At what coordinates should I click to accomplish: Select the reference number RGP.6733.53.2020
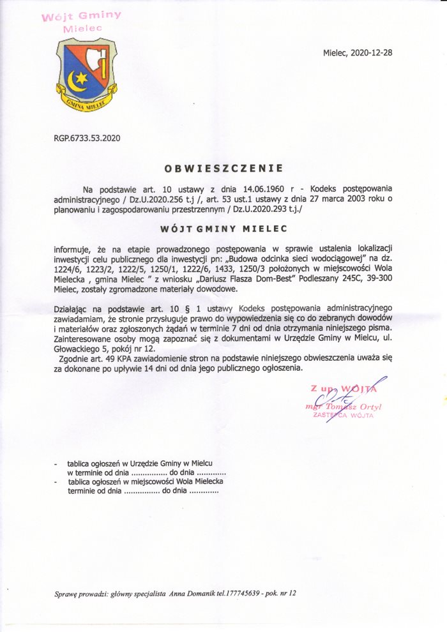click(x=87, y=137)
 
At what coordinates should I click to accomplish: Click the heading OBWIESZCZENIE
click(x=223, y=169)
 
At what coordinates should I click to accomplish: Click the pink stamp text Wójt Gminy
click(x=81, y=17)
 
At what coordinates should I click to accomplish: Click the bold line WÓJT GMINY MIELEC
click(x=223, y=228)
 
